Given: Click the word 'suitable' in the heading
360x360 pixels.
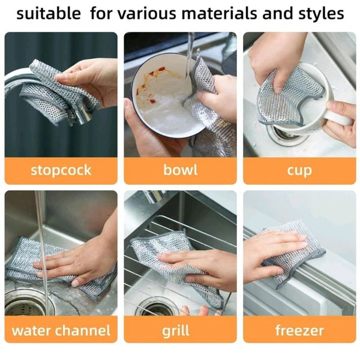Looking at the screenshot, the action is coord(49,13).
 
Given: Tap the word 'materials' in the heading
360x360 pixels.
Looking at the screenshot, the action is coord(219,13).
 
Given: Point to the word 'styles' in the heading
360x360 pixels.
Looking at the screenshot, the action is coord(321,14).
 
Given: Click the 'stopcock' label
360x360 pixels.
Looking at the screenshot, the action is coord(61,171).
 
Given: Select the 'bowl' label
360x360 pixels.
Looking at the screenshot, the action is coord(180,170).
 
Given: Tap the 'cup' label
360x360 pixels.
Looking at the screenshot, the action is coord(299,171).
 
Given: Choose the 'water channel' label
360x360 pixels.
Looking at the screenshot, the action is coord(61,331).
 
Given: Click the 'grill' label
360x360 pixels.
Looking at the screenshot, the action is coord(176,331).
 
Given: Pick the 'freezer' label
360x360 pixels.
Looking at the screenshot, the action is coord(299,331).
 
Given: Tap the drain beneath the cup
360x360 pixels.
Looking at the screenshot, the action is coord(287,136).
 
